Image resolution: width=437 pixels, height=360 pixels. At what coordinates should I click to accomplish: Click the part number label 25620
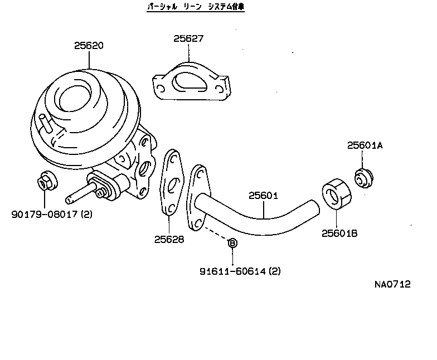(89, 46)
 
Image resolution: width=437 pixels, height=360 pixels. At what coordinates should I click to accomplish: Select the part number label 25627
(188, 39)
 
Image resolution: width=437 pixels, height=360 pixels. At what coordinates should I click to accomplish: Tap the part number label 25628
(169, 239)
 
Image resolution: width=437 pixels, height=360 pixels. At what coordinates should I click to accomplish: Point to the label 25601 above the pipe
(263, 196)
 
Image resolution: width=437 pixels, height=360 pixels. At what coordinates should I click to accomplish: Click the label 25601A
(366, 145)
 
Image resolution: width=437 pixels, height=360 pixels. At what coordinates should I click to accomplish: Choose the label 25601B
(339, 233)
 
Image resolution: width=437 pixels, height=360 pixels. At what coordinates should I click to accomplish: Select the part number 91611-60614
(240, 271)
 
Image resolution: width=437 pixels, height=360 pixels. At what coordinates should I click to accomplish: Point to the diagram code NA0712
(392, 284)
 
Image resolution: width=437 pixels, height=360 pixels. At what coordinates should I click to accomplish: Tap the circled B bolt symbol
(233, 242)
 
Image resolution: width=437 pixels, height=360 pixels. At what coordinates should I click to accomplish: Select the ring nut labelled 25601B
(336, 193)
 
